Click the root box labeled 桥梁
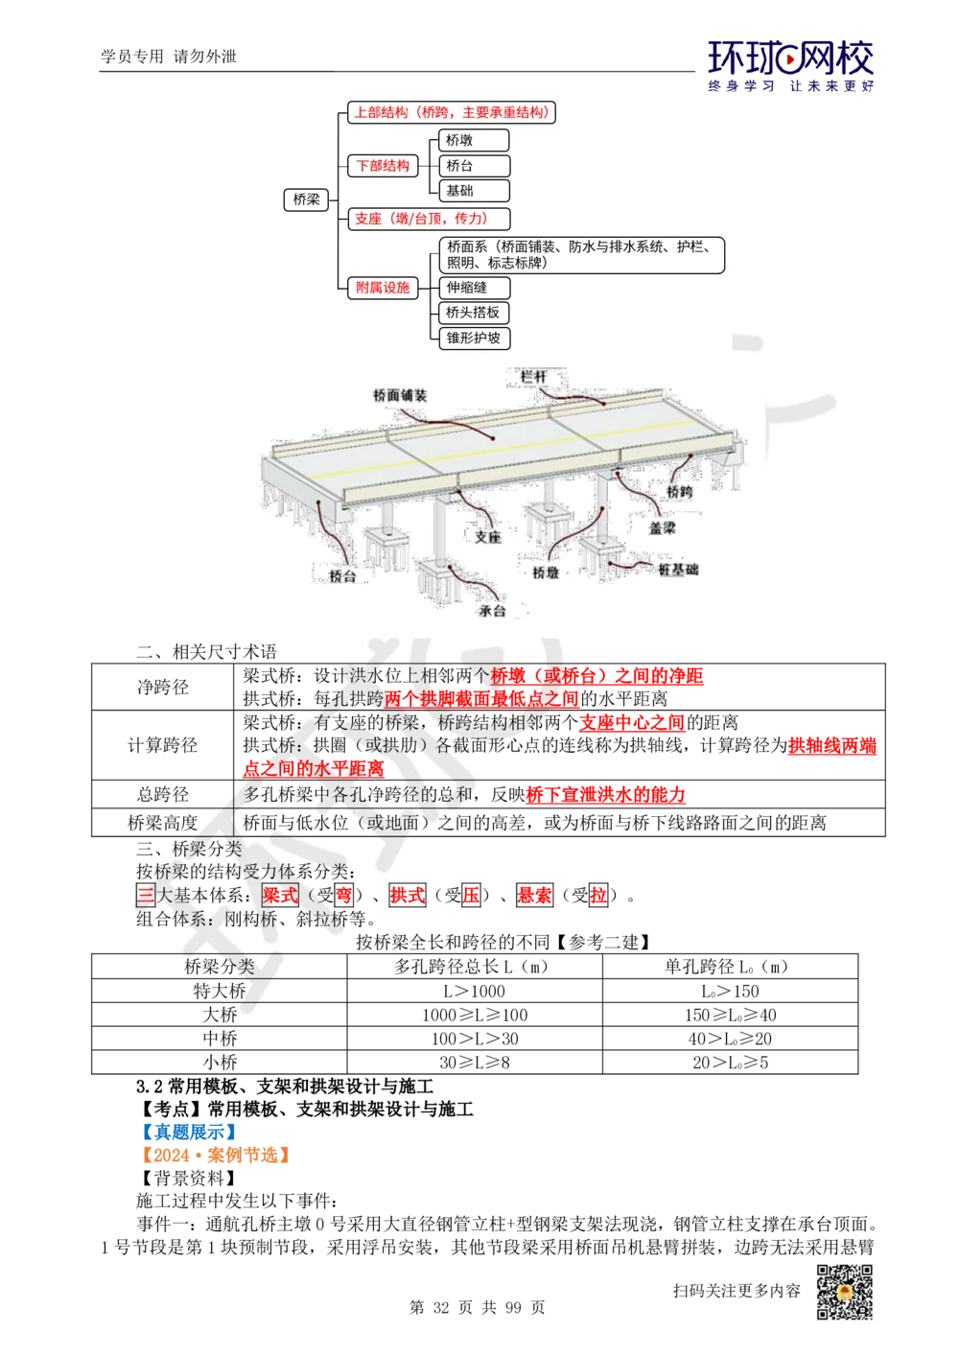(306, 199)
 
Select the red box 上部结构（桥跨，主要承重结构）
(451, 112)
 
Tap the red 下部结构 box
(383, 166)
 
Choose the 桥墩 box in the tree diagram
(473, 140)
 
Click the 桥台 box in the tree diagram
(473, 166)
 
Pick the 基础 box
(473, 191)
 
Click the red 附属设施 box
(383, 287)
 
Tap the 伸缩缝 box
(474, 287)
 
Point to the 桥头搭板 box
(474, 313)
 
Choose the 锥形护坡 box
(474, 338)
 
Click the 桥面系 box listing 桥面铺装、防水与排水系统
(581, 255)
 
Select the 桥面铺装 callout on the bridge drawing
(399, 395)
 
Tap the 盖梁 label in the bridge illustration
(662, 527)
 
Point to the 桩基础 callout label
(678, 570)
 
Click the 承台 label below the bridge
(492, 610)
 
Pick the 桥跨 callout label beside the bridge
(679, 491)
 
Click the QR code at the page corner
(844, 1292)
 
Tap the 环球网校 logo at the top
(791, 65)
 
